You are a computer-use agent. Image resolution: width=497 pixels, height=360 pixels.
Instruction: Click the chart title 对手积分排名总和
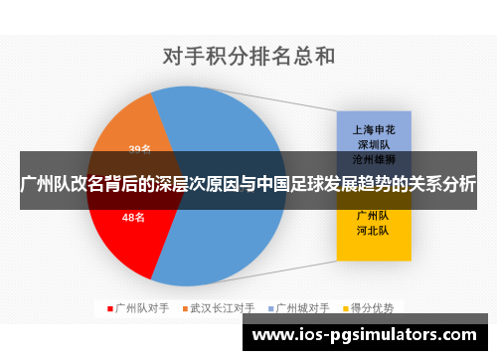(x=248, y=57)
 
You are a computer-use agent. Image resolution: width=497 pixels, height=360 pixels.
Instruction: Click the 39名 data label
(x=139, y=149)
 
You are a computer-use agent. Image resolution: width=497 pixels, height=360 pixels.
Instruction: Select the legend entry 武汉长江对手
(x=223, y=308)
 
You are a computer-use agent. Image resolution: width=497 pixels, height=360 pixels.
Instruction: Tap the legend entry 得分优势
(x=373, y=308)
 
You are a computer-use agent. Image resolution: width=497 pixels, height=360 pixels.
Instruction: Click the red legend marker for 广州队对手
(x=110, y=308)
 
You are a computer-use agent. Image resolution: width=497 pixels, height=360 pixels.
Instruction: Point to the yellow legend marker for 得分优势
(x=345, y=308)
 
